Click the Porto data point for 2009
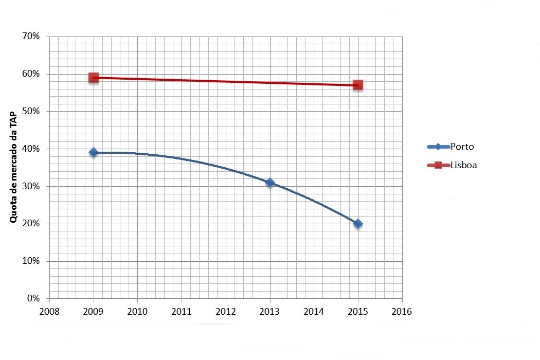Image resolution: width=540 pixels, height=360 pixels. (93, 152)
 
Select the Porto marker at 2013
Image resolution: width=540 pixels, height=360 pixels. (269, 183)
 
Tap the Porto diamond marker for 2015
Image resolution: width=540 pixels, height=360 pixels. (358, 224)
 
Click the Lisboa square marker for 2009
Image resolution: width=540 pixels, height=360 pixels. (93, 78)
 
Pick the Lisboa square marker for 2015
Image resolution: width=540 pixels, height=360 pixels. (358, 85)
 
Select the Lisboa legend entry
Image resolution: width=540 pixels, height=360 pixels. (453, 165)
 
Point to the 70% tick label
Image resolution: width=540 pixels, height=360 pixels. (31, 37)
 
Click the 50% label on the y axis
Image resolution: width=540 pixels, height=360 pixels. (31, 112)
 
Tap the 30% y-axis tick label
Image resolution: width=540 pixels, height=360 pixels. (31, 187)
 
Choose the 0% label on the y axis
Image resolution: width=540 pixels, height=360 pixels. (33, 299)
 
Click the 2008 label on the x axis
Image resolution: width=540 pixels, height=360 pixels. (49, 312)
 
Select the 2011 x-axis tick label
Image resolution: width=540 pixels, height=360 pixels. (182, 312)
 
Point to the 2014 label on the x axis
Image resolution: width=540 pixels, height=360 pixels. (314, 312)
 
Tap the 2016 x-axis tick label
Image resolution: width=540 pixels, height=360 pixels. (402, 312)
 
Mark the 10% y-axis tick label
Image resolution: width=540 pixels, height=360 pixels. (31, 261)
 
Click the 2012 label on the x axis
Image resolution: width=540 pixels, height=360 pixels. (225, 312)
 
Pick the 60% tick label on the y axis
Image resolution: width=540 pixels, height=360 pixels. (31, 74)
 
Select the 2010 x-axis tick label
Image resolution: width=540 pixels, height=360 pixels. (137, 312)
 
